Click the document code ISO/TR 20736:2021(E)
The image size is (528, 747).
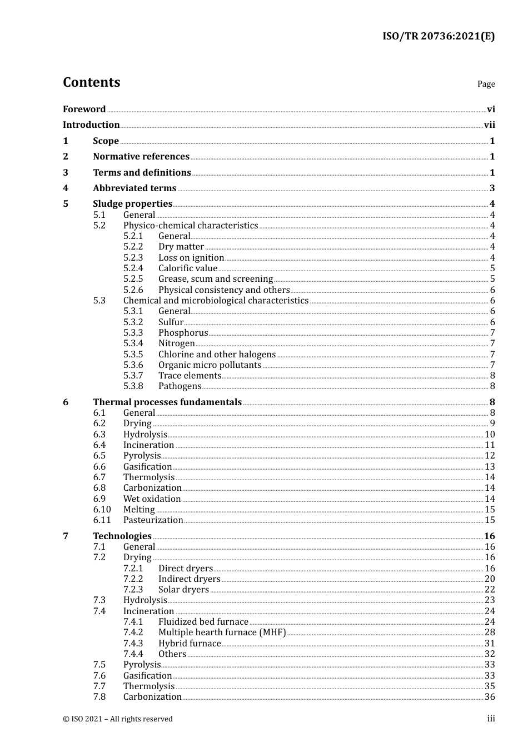(438, 37)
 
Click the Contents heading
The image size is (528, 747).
(91, 82)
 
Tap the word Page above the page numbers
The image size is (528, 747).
(486, 84)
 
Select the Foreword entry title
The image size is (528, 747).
(84, 109)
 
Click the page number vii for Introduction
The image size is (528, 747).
(489, 125)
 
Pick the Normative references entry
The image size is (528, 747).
(141, 157)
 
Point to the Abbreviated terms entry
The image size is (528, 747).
(135, 188)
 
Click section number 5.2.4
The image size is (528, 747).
(133, 268)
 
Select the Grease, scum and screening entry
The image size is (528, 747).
(216, 279)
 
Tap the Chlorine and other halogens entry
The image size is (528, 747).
(217, 355)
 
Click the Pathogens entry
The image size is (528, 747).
(180, 386)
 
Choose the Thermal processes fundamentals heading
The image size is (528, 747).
(167, 402)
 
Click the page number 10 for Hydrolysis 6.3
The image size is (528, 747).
(490, 435)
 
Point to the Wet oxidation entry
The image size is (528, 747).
(152, 499)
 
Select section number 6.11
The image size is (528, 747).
(102, 520)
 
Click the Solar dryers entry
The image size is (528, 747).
(183, 590)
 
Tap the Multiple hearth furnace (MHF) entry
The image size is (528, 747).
(222, 633)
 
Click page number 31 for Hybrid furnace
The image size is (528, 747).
(490, 644)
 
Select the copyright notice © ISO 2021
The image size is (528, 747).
(118, 719)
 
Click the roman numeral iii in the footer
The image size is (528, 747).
(491, 719)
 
